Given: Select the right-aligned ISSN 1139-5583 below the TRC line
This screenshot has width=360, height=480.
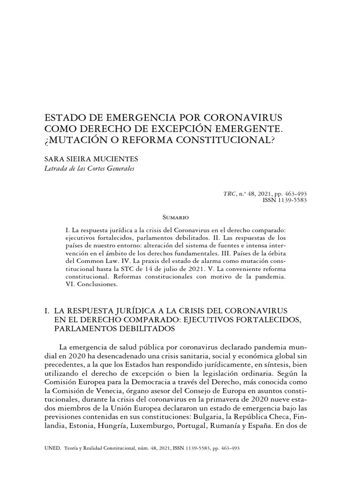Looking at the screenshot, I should (285, 200).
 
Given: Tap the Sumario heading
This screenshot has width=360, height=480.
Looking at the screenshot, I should (175, 218).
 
